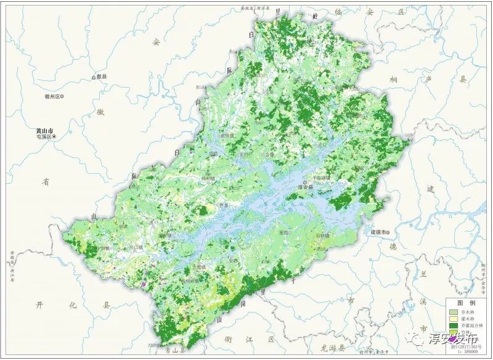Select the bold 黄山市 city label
tap(45, 131)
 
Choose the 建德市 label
tap(379, 232)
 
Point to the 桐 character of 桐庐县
tap(393, 81)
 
